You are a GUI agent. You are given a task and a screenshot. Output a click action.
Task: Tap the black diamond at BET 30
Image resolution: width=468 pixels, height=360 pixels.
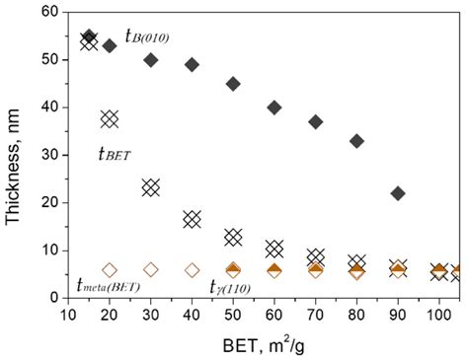(x=151, y=60)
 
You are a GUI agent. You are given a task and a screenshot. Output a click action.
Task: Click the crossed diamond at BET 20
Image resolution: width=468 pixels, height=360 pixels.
(x=110, y=119)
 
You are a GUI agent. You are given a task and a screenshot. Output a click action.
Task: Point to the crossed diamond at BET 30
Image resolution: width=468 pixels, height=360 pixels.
(x=151, y=187)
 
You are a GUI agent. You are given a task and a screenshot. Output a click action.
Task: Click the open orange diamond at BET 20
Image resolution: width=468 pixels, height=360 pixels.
(x=110, y=269)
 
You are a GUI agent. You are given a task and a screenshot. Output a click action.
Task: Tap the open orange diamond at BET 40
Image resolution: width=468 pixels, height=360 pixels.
(x=192, y=269)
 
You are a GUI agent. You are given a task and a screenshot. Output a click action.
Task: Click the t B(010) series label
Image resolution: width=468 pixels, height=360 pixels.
(x=147, y=36)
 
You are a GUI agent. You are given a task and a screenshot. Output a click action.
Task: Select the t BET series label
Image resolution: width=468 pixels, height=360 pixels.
(x=116, y=153)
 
